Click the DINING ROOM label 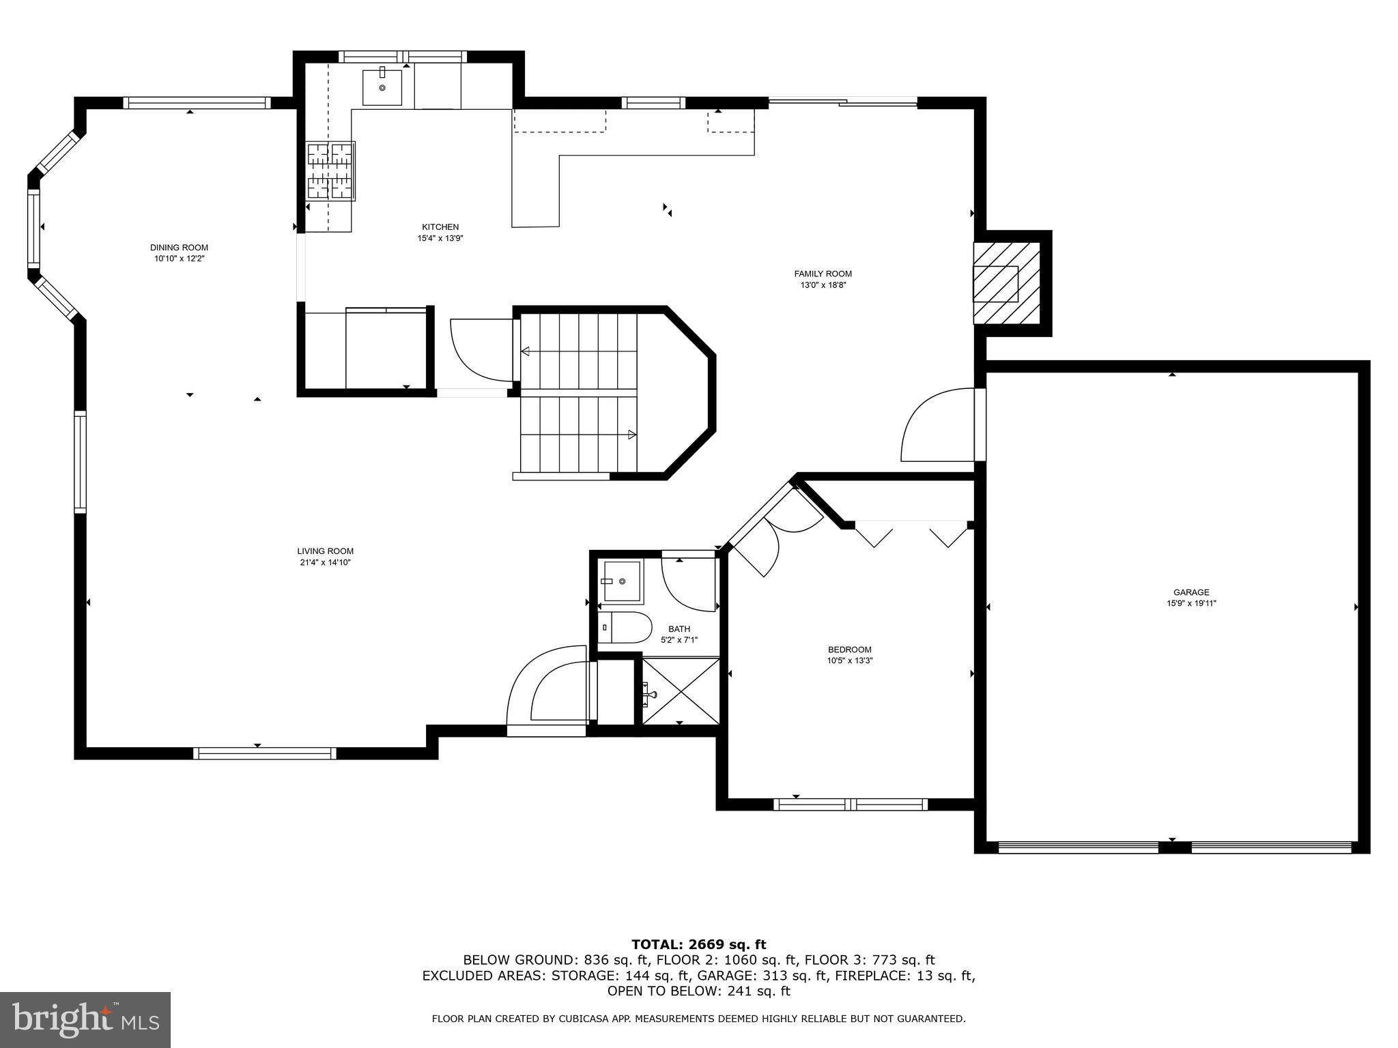tap(179, 248)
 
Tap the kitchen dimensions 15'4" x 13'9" tap(440, 238)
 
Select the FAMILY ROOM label tap(823, 274)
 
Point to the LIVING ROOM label tap(325, 551)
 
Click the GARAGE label tap(1191, 592)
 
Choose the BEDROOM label tap(849, 650)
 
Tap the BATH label tap(679, 629)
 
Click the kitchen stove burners tap(330, 171)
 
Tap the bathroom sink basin tap(621, 581)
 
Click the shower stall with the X tap(681, 690)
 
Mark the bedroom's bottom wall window tap(850, 804)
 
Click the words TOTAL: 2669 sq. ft tap(698, 944)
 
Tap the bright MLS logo tap(85, 1019)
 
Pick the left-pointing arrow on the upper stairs tap(526, 351)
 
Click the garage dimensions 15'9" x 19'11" tap(1191, 603)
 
